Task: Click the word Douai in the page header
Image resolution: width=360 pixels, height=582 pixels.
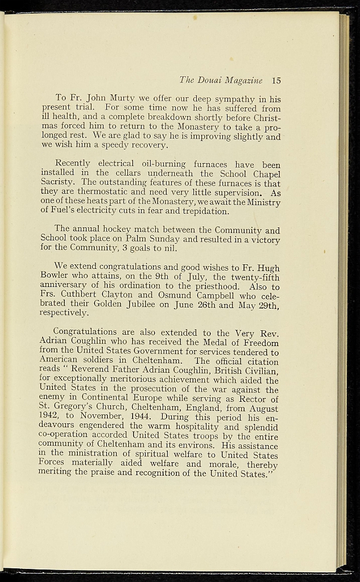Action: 212,80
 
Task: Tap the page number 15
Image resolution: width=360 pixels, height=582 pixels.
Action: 276,80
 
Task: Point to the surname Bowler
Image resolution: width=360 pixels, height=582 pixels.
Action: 55,276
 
